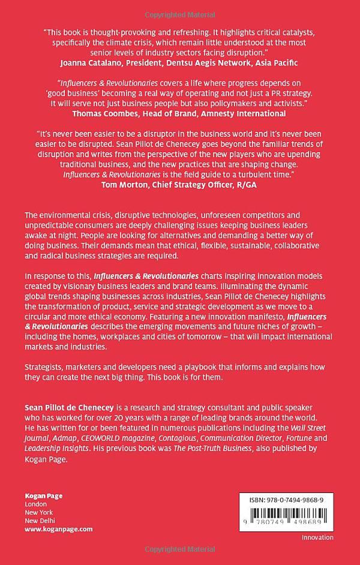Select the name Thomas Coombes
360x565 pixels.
(x=104, y=113)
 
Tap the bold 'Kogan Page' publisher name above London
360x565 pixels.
(x=43, y=495)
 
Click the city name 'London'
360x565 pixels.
(x=35, y=504)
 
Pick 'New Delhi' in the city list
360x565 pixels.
(x=40, y=521)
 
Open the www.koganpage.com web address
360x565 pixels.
(x=59, y=529)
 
